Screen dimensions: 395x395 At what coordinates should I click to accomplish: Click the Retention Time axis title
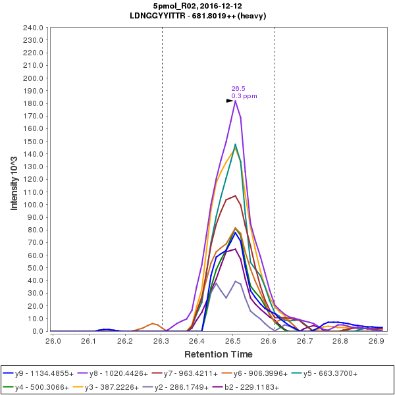pyautogui.click(x=218, y=354)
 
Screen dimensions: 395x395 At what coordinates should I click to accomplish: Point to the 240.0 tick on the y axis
pyautogui.click(x=34, y=28)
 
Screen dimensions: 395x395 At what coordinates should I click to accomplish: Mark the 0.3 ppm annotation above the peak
pyautogui.click(x=244, y=96)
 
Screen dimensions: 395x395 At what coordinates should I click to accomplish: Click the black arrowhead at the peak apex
pyautogui.click(x=230, y=101)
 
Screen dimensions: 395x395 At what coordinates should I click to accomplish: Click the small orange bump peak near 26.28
pyautogui.click(x=153, y=323)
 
